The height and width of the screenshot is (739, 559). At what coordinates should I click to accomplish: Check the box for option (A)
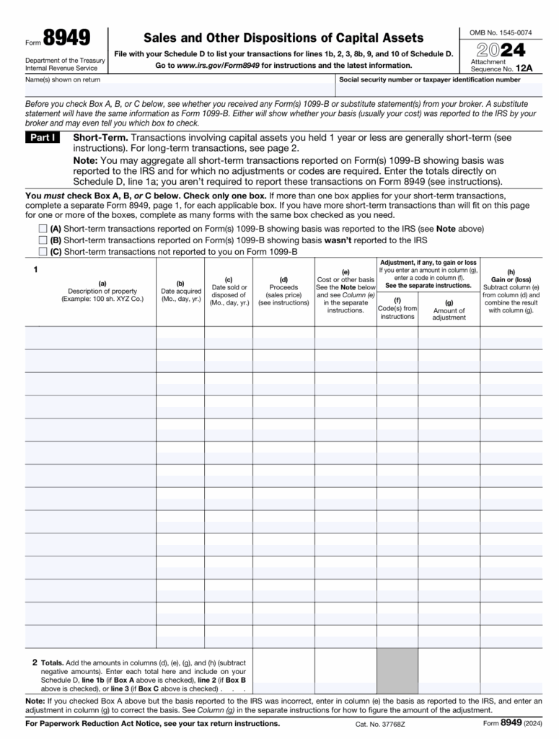pos(43,229)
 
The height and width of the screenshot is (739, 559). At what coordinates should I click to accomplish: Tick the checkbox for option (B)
pos(43,240)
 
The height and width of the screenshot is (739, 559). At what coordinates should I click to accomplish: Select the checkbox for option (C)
pos(43,252)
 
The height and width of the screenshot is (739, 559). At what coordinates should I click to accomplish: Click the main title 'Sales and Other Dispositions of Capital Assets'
pos(283,38)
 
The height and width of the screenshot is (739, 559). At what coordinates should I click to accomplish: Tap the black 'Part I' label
pos(43,138)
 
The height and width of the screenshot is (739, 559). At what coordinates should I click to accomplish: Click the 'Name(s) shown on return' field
pos(180,89)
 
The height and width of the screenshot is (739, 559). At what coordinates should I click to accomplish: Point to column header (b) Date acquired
pos(180,292)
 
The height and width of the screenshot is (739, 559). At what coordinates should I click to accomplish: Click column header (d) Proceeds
pos(283,292)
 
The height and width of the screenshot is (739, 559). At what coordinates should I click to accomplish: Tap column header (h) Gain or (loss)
pos(511,292)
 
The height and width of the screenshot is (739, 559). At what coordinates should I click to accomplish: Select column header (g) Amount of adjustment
pos(449,310)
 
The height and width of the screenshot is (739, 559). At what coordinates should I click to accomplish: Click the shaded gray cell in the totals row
pos(397,670)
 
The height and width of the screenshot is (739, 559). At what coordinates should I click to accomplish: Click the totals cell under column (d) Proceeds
pos(283,670)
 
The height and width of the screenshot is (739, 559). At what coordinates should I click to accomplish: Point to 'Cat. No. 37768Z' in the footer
pos(380,724)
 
